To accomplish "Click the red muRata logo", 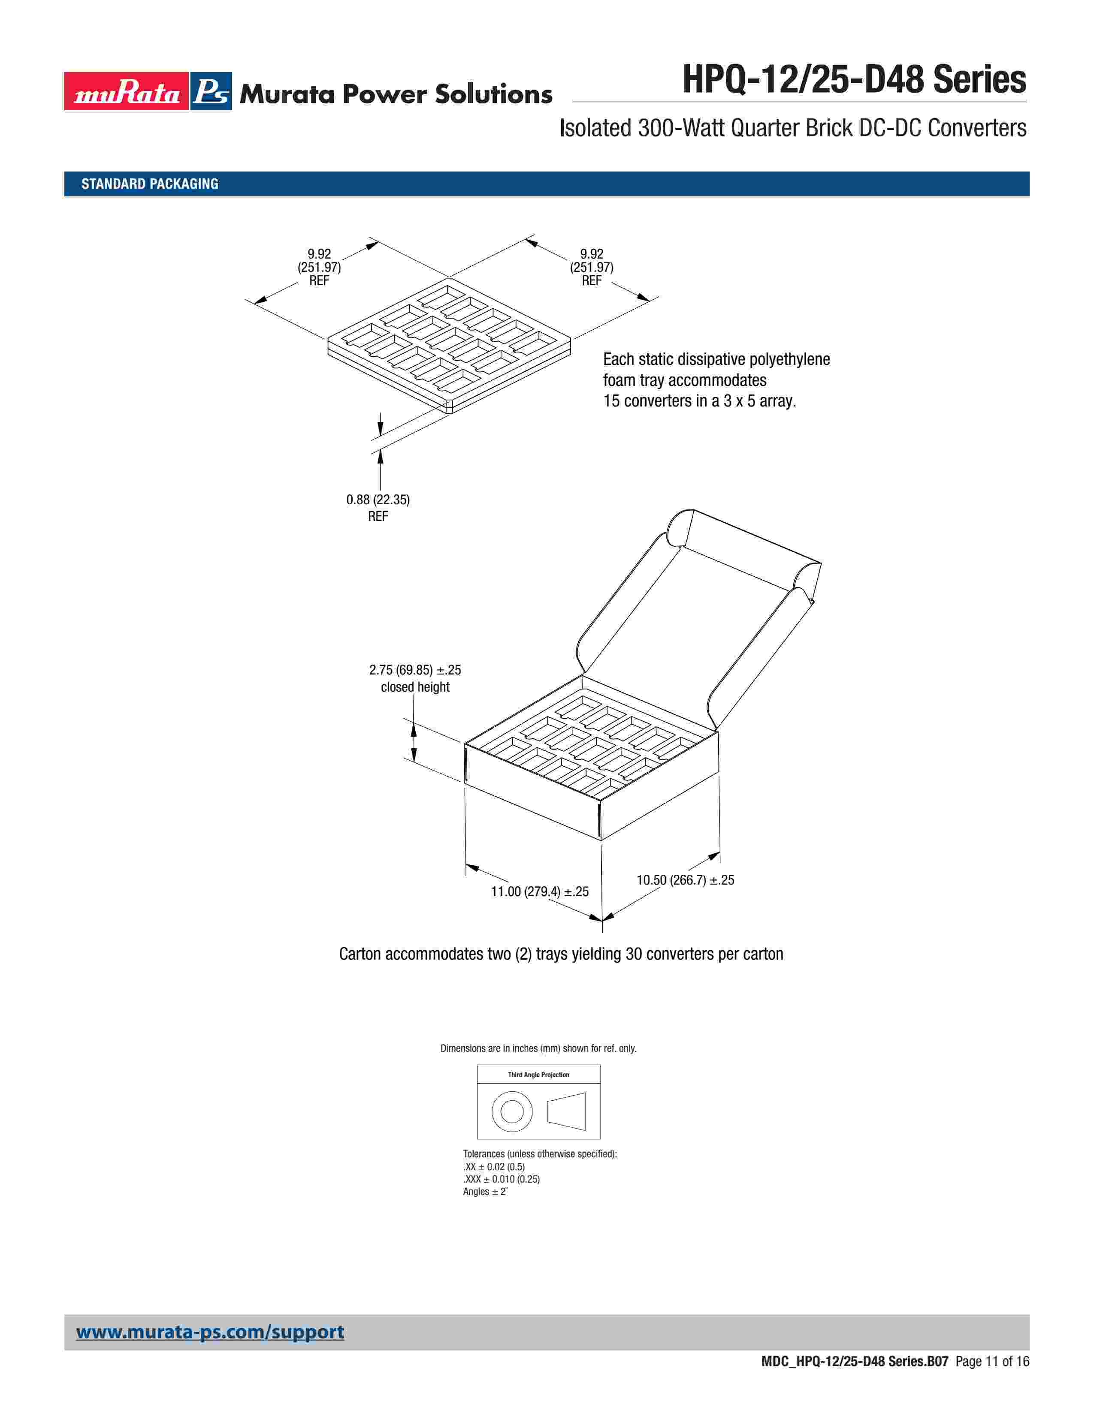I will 127,91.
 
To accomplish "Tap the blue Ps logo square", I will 211,91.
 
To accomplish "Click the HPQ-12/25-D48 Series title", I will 854,80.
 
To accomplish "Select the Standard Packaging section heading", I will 150,184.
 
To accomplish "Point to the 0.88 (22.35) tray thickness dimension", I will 378,500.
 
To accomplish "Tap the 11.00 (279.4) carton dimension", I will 539,891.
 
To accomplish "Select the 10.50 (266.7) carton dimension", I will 685,880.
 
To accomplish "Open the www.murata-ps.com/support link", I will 210,1332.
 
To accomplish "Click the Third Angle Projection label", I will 538,1075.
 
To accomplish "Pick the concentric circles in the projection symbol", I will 512,1112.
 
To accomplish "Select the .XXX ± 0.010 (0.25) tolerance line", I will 501,1179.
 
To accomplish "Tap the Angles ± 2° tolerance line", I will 485,1192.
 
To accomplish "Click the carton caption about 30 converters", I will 561,954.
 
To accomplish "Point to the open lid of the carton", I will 700,622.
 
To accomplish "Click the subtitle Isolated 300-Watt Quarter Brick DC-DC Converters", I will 793,128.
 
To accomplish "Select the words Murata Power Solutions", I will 396,94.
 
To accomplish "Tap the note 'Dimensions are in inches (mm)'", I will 538,1048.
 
